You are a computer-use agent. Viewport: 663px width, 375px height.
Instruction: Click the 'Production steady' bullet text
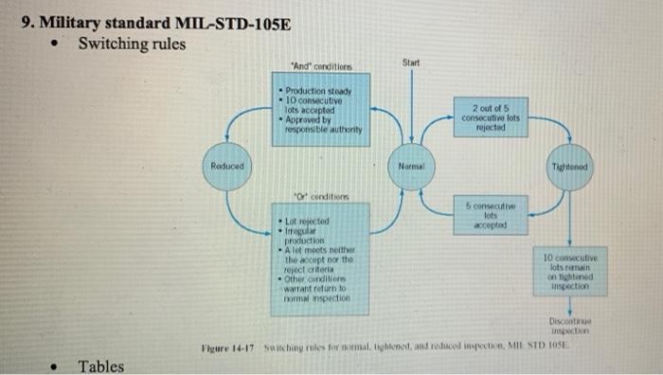pyautogui.click(x=316, y=91)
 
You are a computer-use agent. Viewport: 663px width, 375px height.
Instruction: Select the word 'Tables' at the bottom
pyautogui.click(x=101, y=366)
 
